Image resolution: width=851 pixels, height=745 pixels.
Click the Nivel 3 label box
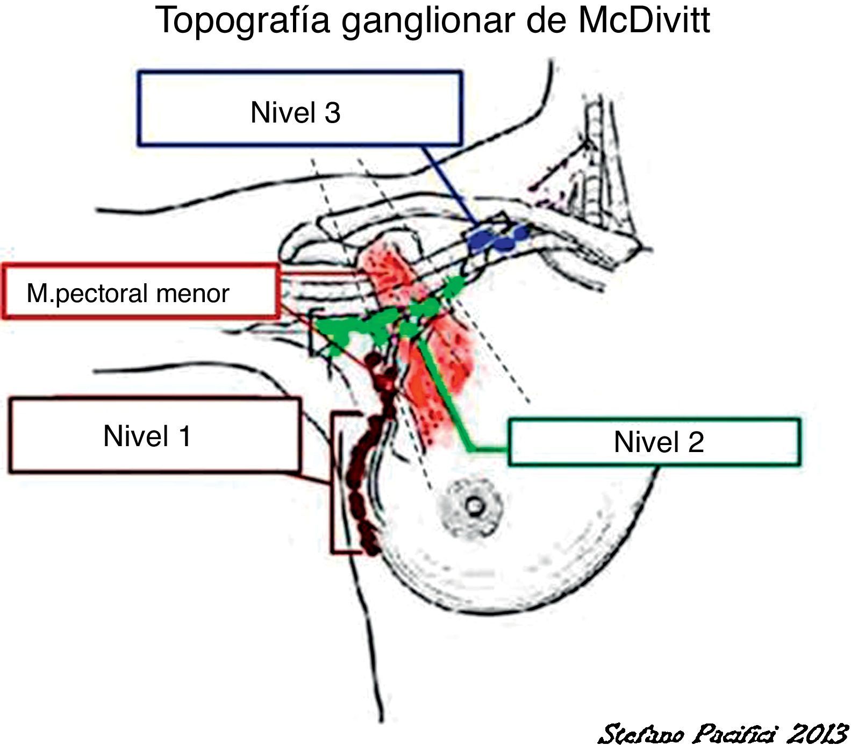click(299, 108)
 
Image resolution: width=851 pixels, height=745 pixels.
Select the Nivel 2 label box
click(654, 442)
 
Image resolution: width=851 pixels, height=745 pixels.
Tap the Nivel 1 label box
click(154, 435)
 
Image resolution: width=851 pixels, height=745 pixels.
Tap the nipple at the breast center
click(474, 506)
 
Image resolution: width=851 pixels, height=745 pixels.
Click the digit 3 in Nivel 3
click(332, 113)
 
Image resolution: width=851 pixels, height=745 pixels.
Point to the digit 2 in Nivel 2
click(695, 442)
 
